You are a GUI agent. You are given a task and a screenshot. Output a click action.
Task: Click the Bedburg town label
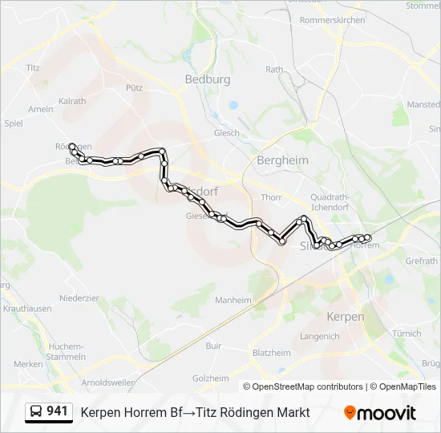coord(207,79)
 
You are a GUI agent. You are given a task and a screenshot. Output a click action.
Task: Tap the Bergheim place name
coord(282,160)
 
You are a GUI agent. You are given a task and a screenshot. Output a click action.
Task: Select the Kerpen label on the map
coord(346,317)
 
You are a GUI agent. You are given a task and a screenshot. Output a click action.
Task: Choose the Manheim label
coord(233,301)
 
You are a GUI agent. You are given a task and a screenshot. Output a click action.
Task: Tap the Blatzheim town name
coord(271,353)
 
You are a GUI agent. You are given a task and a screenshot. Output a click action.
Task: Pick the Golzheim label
coord(210,378)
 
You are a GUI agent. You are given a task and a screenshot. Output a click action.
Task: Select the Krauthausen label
coord(27,309)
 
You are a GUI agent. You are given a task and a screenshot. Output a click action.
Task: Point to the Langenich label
coord(319,337)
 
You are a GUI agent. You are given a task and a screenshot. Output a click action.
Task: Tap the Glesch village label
coord(226,133)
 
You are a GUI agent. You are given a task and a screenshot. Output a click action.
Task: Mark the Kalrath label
coord(72,102)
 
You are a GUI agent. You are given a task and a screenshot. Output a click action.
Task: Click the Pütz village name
coord(134,87)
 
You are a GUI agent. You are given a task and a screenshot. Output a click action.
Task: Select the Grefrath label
coord(421,261)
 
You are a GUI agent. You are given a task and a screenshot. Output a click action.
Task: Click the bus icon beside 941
coord(37,412)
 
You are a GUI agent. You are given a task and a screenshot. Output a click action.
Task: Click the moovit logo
coord(380,413)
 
